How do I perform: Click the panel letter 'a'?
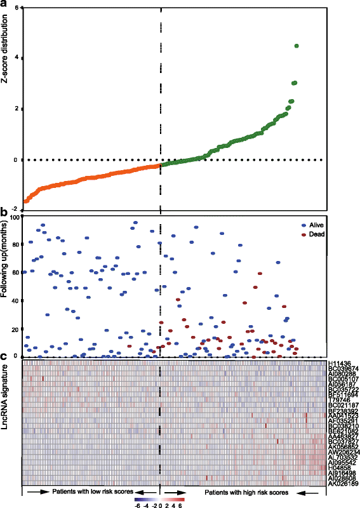(x=4, y=4)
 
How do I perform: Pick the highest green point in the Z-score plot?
(x=296, y=46)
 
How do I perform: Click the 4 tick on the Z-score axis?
(x=17, y=58)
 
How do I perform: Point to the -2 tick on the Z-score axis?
(x=16, y=210)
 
